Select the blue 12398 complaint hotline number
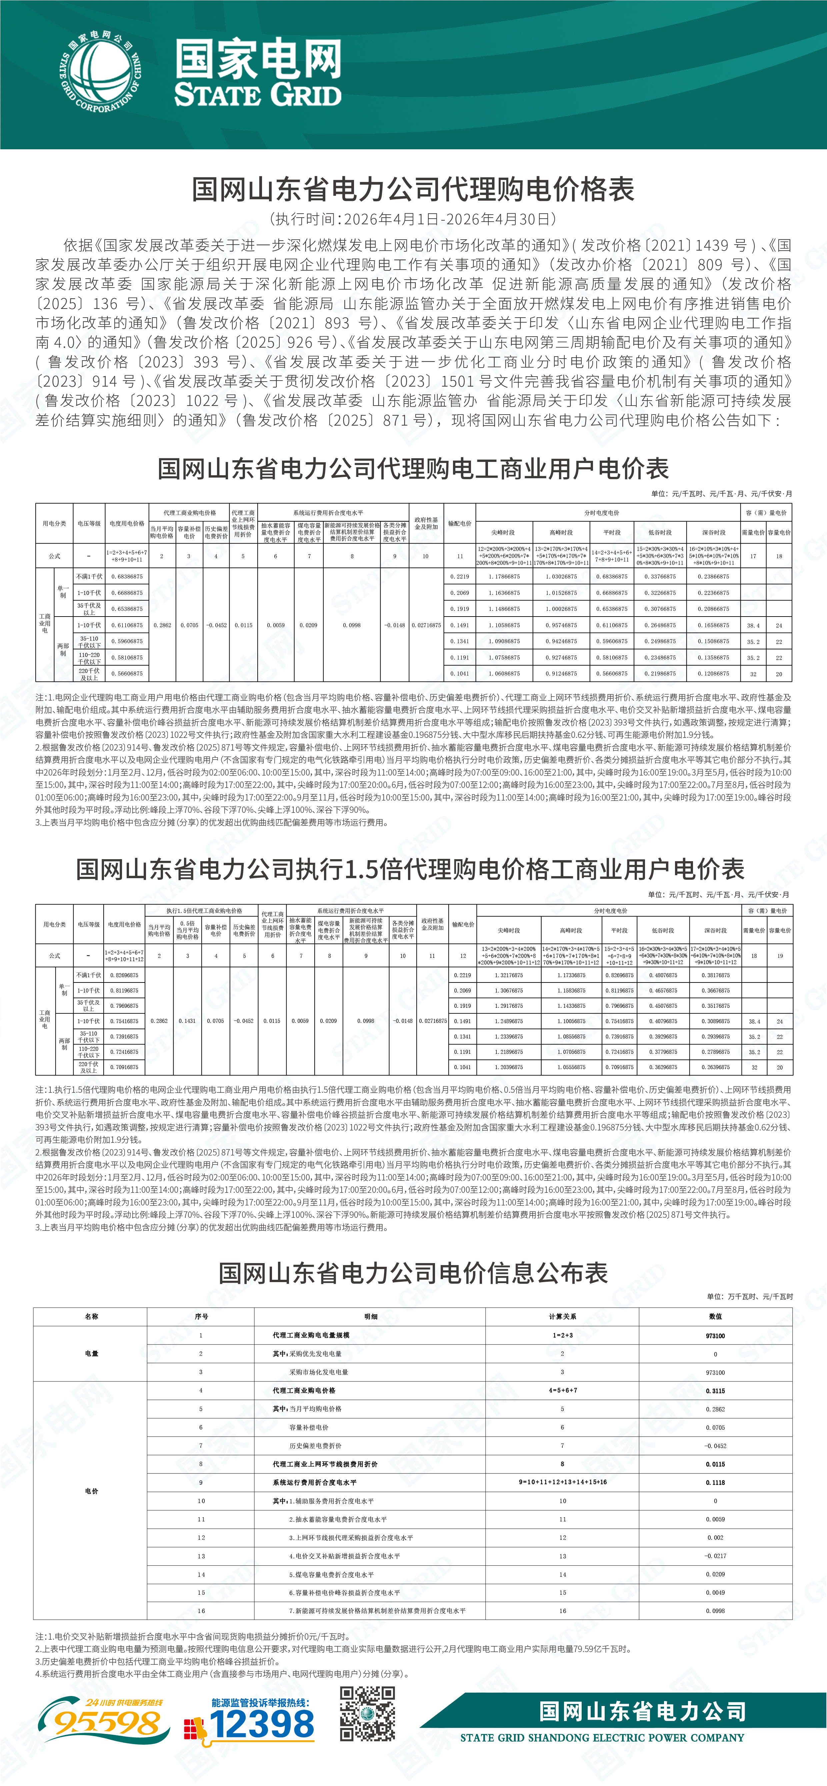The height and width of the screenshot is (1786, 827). coord(262,1724)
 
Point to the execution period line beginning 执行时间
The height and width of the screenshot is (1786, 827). coord(413,219)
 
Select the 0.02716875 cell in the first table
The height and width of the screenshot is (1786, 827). coord(426,625)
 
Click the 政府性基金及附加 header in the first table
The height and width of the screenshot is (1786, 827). coord(426,523)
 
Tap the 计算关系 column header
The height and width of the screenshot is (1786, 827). coord(562,1316)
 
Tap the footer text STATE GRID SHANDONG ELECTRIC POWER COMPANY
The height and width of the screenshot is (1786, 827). coord(602,1737)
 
